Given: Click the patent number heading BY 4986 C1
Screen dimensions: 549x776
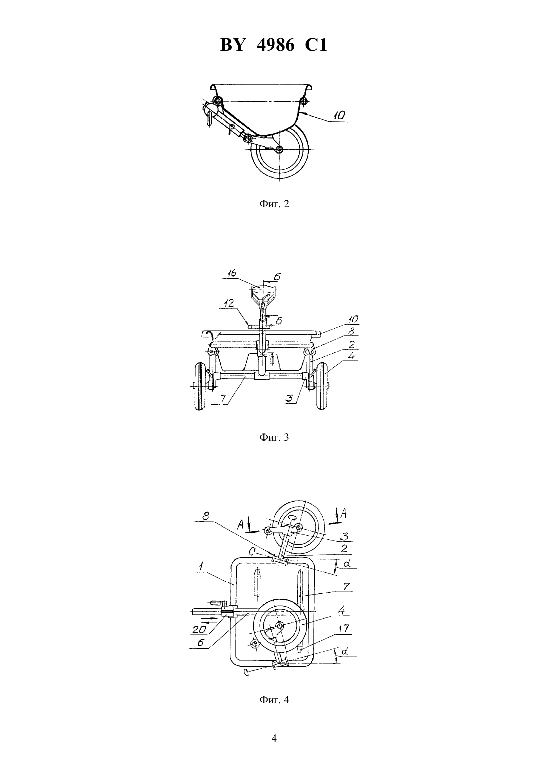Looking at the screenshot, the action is pos(274,45).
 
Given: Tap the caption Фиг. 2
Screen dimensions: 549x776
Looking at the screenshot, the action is pos(274,204).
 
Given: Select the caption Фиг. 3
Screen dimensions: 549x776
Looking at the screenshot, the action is pos(274,437).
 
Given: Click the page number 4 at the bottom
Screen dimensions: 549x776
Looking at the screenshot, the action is pos(274,739).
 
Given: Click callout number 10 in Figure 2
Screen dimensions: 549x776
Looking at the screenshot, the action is pos(339,115).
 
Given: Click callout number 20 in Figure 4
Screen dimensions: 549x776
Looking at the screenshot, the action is pos(199,629).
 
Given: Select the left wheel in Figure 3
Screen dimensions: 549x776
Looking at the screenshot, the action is pos(200,387).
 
